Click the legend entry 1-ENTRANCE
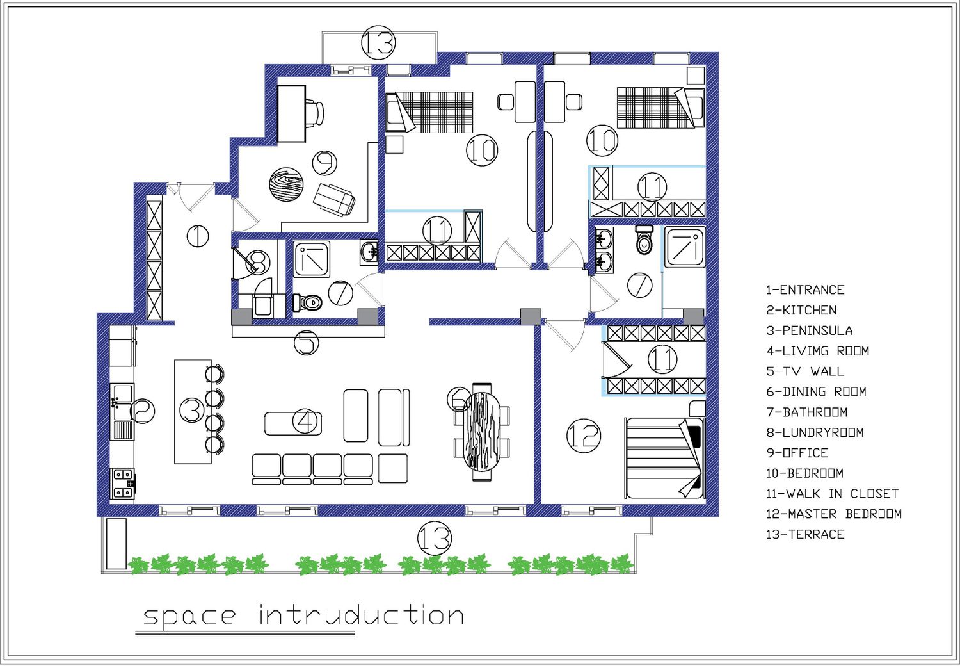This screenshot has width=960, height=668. [x=805, y=290]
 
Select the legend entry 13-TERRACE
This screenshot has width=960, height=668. [x=805, y=534]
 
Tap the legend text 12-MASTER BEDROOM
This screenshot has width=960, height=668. [x=833, y=514]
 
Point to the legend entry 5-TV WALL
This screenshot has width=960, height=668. [x=805, y=371]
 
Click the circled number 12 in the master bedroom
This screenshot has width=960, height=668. [x=583, y=436]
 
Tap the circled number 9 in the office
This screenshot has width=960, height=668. [x=324, y=163]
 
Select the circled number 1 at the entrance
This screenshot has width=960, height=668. [x=198, y=236]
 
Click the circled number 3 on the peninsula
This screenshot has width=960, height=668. [x=191, y=409]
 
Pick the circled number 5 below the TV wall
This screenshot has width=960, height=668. [x=307, y=343]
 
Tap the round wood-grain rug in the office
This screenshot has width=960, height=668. [x=286, y=185]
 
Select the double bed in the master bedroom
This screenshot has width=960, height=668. [x=664, y=458]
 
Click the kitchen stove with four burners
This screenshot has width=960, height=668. [x=123, y=483]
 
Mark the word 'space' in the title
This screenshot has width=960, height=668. [x=189, y=617]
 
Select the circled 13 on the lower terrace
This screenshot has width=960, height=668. [x=434, y=539]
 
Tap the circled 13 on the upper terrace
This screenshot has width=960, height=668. [x=378, y=42]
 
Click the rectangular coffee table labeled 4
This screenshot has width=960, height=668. [x=293, y=423]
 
